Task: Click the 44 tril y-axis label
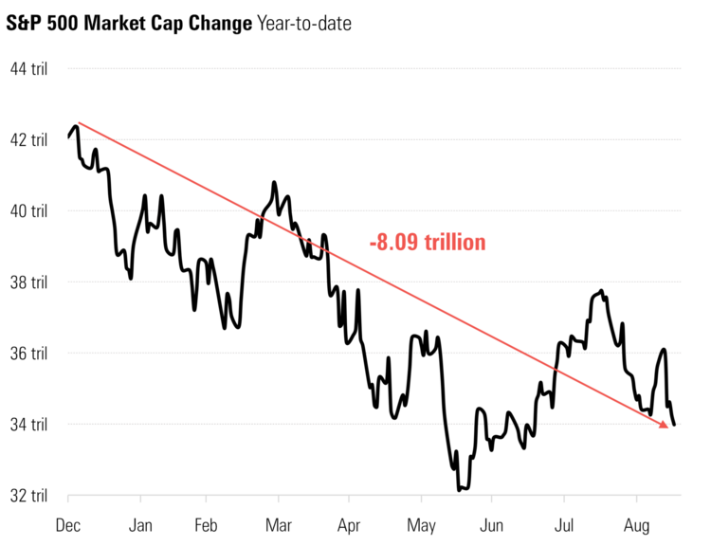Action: coord(27,68)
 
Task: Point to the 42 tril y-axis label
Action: coord(27,139)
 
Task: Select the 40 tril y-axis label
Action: coord(27,210)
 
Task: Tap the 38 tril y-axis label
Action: coord(27,282)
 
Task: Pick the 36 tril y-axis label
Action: coord(27,353)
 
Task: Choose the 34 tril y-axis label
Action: coord(27,424)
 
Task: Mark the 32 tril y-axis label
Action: coord(27,495)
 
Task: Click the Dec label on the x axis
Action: coord(69,523)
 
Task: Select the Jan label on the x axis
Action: coord(140,523)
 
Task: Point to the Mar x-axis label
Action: coord(279,523)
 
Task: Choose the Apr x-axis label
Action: coord(349,523)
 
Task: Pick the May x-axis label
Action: coord(420,523)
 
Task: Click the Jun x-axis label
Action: coord(491,523)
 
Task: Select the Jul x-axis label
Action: coord(564,523)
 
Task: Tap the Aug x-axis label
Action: coord(635,523)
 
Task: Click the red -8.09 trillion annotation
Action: coord(428,243)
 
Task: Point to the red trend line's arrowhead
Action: coord(665,425)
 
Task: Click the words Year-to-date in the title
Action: coord(304,23)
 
